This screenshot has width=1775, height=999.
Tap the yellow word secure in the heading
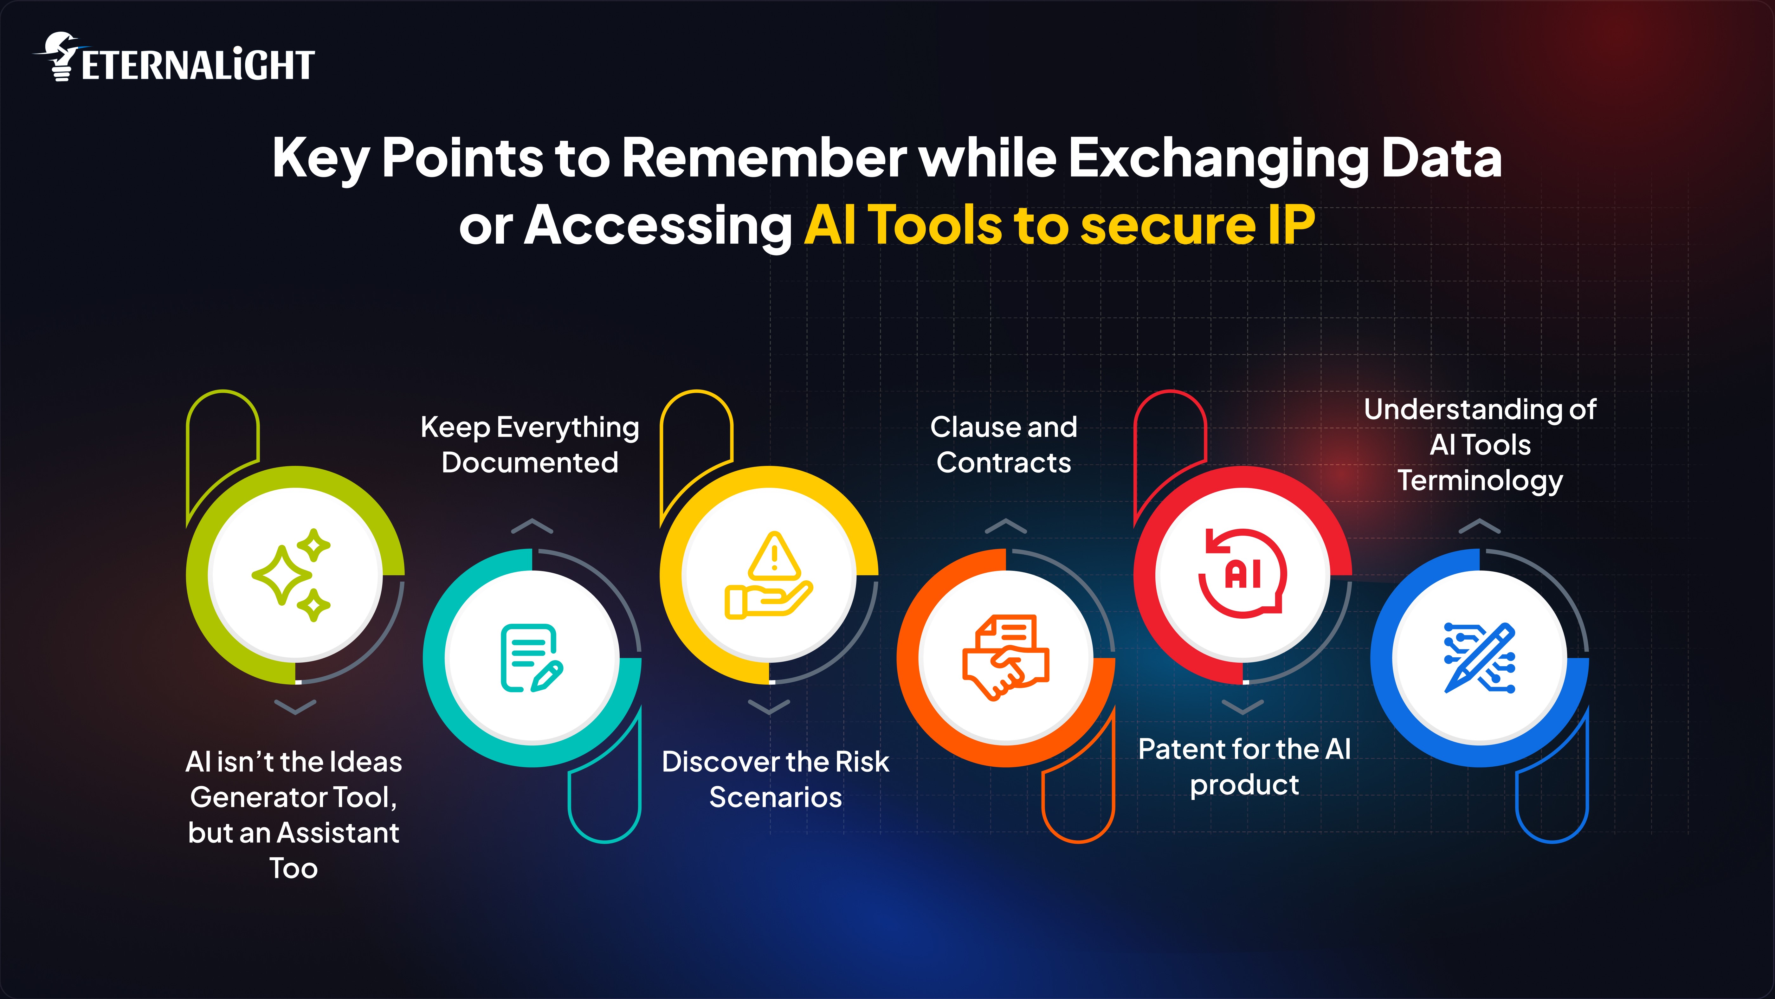click(1167, 225)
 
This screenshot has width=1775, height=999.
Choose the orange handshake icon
click(1005, 658)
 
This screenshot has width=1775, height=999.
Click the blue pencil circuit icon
click(1479, 658)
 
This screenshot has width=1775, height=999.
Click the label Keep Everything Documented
click(530, 444)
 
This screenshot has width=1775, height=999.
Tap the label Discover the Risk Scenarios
click(775, 779)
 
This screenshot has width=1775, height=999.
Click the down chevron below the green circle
click(295, 707)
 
